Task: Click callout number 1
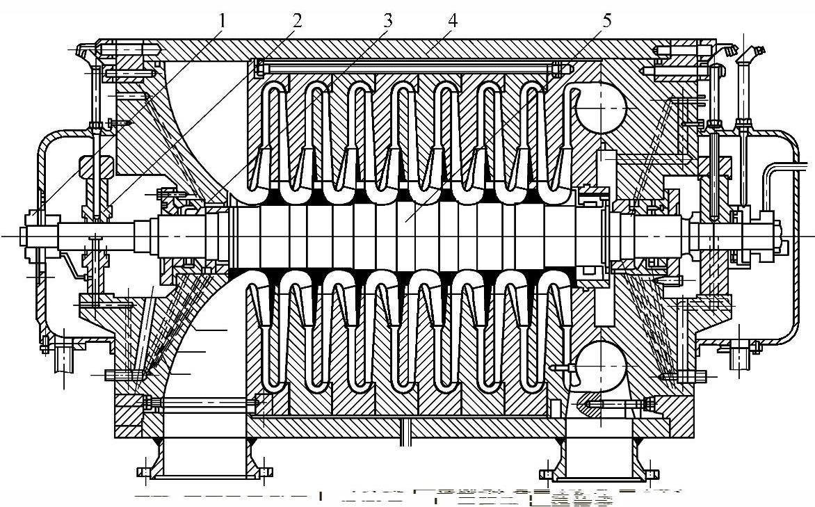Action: pos(223,19)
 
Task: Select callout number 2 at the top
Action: pos(297,19)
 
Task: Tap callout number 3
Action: pos(387,19)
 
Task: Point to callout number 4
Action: pos(453,19)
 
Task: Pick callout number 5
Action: pos(607,19)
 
